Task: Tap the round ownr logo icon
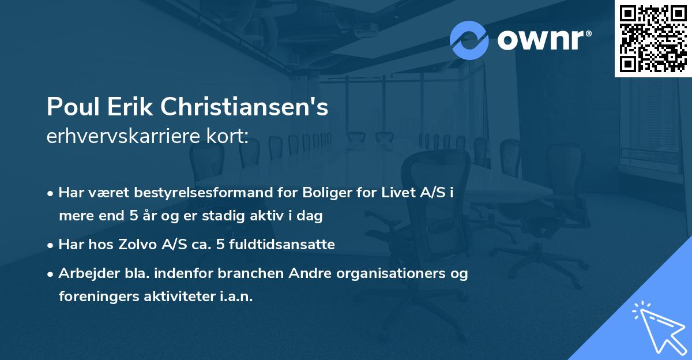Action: (469, 40)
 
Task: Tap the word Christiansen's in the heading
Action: (245, 107)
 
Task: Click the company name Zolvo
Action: (149, 244)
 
